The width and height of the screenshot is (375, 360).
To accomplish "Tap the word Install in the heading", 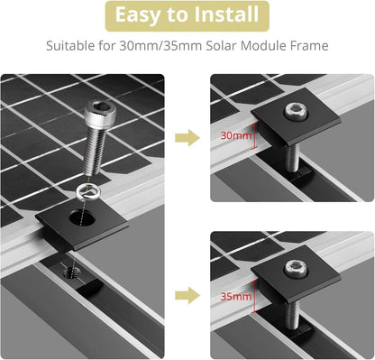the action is click(226, 14).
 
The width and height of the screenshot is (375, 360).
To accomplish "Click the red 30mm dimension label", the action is click(236, 135).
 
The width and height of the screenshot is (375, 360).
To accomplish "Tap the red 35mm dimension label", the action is click(236, 297).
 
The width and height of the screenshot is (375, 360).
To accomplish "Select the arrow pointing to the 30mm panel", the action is click(187, 138).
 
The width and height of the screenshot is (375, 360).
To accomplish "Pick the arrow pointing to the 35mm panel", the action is click(187, 295).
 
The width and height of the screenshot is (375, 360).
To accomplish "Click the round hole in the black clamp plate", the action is click(82, 218).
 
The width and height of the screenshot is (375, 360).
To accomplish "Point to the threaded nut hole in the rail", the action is click(72, 273).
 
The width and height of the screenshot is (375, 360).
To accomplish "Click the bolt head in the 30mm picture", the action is click(297, 111).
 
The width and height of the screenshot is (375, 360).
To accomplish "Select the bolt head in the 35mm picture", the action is click(297, 268).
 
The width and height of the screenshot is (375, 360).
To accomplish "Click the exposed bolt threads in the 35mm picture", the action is click(292, 315).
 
